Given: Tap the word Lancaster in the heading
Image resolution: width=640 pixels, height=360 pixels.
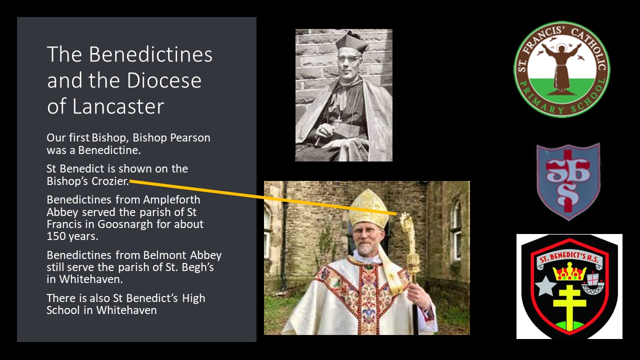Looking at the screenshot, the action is (x=118, y=106).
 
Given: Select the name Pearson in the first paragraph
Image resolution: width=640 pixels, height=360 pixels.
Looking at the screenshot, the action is (x=190, y=137).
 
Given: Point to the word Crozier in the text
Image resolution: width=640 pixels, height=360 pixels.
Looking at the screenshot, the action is (x=110, y=181).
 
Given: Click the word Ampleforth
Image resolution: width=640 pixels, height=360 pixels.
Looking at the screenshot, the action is (x=171, y=200).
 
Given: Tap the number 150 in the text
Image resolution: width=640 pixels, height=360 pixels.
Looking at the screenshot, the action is (x=56, y=236).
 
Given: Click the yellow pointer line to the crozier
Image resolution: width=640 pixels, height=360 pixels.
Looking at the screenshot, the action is (x=263, y=197).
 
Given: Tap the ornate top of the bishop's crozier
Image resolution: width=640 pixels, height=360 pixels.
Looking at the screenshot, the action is (x=407, y=225).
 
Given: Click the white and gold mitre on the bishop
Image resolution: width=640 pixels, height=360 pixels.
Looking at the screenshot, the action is (x=368, y=208).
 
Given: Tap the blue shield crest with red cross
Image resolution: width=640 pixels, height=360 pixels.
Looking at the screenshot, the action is (x=568, y=181).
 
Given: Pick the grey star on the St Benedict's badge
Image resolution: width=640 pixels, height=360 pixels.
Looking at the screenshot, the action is (x=545, y=286).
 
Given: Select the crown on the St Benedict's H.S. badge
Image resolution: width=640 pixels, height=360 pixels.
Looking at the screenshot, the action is (x=569, y=271).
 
